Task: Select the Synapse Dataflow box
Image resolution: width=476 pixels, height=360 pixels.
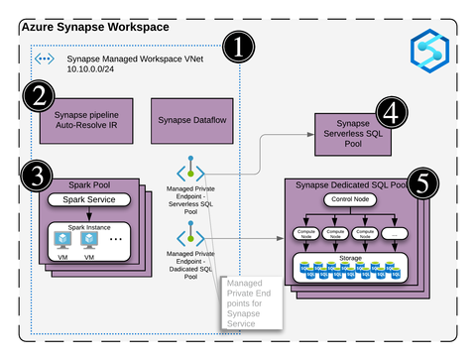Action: point(187,121)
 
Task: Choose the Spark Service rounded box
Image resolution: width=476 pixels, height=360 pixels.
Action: point(90,201)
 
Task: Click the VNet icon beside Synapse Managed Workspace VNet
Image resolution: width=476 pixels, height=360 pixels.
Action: point(45,60)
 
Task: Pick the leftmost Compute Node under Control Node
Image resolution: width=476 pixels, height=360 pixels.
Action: point(305,234)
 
